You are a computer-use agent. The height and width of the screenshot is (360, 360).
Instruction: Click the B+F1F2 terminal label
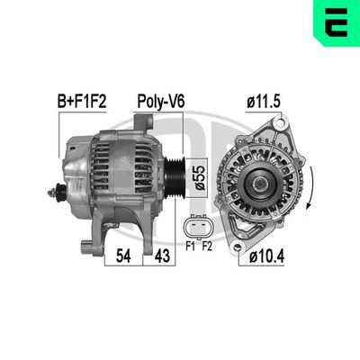(83, 103)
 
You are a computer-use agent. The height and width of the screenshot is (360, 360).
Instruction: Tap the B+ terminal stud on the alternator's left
(59, 190)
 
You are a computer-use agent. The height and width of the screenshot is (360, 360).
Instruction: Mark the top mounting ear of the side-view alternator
(144, 122)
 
